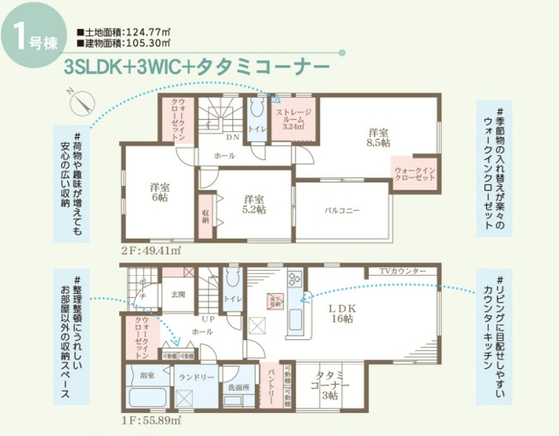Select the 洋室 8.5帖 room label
(378, 138)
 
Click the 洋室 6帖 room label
(159, 192)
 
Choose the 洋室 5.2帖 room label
(253, 203)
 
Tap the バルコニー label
(341, 210)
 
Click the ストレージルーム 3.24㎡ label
(292, 119)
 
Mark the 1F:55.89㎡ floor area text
(151, 421)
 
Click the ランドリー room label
(195, 375)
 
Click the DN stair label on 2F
(232, 137)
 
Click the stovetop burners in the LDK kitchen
(294, 279)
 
